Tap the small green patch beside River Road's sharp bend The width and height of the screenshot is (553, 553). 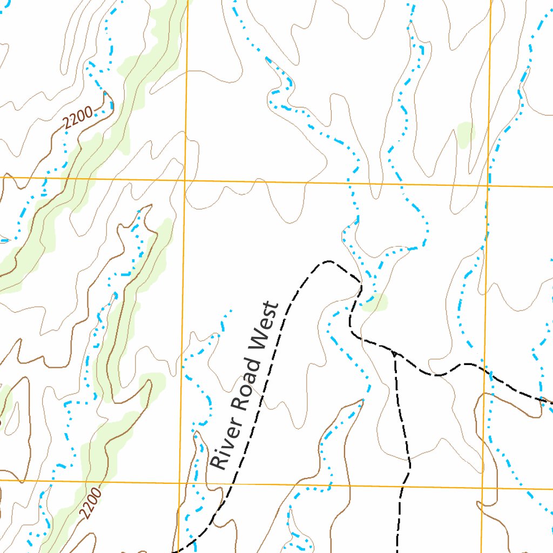(376, 304)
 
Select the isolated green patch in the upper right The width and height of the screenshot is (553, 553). (465, 133)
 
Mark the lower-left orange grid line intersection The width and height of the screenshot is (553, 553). (179, 482)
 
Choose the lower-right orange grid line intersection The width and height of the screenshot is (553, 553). (482, 488)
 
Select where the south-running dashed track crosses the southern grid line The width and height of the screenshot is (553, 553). (402, 486)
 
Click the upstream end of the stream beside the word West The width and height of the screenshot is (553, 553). (232, 310)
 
